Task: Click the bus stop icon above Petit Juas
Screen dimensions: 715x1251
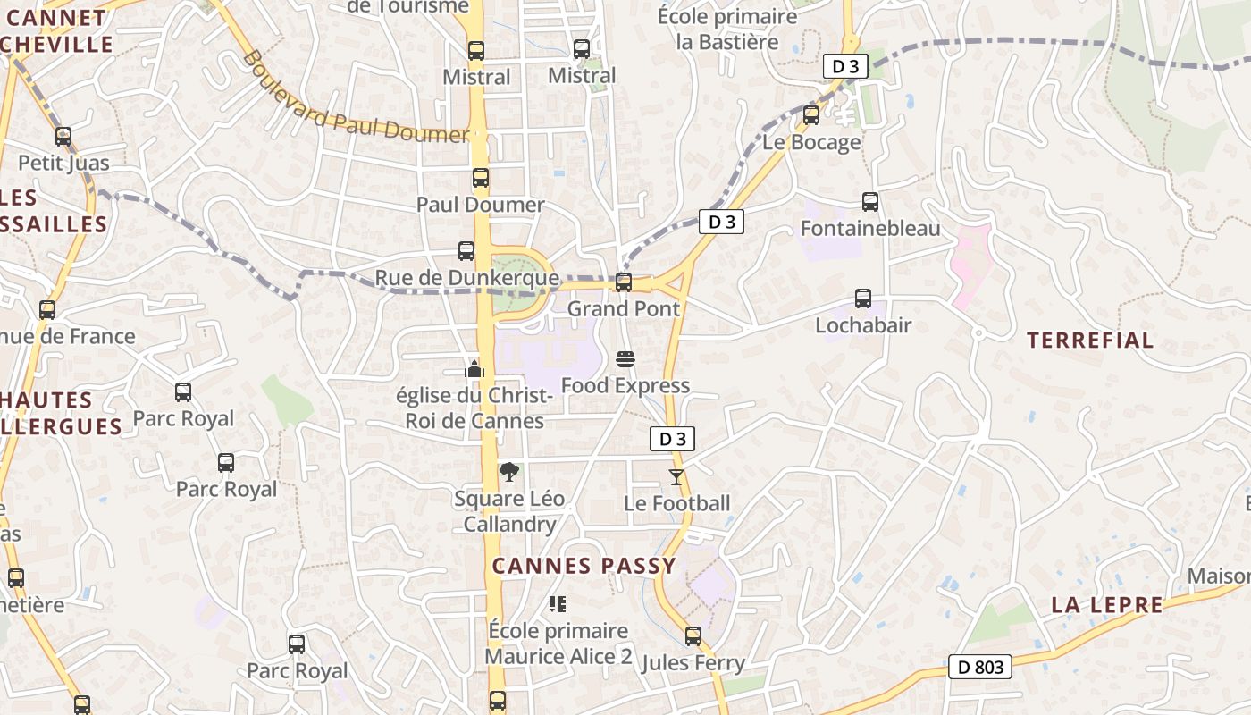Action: point(63,137)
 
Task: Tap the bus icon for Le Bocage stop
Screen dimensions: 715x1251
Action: point(811,115)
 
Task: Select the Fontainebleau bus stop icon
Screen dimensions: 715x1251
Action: point(870,202)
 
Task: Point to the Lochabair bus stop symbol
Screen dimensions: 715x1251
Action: point(863,299)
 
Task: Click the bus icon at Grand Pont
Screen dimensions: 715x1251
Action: point(624,282)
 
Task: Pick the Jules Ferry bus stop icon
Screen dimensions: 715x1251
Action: point(693,636)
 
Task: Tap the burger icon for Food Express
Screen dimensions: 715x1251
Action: point(625,359)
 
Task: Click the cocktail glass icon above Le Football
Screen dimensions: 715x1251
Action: point(676,477)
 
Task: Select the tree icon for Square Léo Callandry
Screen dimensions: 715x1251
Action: point(508,472)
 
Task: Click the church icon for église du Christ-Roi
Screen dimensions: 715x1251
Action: point(474,367)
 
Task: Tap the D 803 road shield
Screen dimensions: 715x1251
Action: point(979,667)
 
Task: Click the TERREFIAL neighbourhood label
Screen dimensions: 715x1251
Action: point(1090,341)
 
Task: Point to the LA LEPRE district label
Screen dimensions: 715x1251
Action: point(1107,605)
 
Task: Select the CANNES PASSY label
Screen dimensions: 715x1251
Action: point(584,566)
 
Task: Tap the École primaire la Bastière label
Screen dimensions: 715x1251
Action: point(727,29)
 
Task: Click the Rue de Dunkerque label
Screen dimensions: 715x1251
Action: point(466,278)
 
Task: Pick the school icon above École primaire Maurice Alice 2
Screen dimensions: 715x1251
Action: point(558,604)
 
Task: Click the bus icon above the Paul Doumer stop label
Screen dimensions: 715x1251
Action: point(481,178)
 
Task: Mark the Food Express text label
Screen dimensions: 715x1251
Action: point(625,385)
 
